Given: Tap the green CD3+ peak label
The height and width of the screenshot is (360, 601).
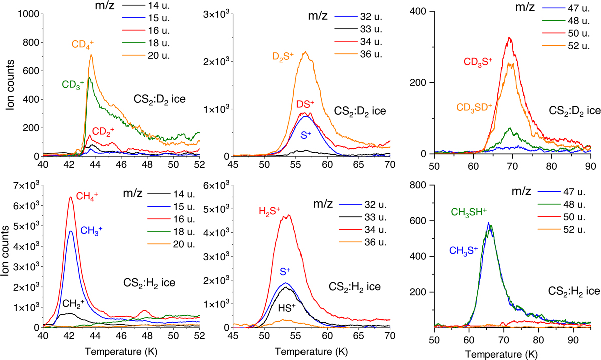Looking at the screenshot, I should [72, 84].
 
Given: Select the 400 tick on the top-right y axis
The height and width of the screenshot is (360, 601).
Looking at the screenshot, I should [419, 11].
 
